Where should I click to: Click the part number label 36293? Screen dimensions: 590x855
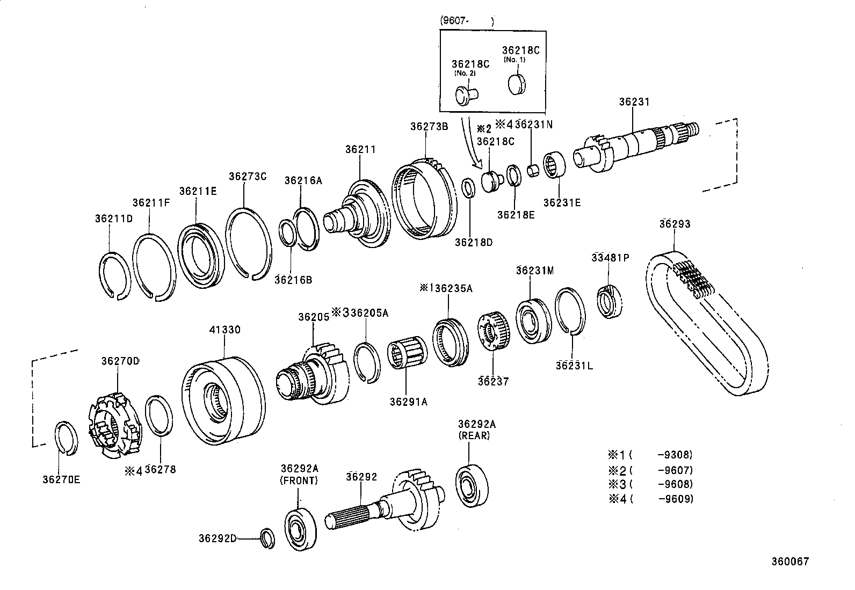coord(675,224)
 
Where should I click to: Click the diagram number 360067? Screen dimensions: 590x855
coord(790,562)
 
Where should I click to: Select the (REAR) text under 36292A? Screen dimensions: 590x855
coord(475,436)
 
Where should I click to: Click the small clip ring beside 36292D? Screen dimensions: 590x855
coord(267,538)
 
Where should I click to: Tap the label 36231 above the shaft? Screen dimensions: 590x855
coord(634,102)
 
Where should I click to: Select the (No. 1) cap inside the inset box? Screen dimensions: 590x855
coord(517,84)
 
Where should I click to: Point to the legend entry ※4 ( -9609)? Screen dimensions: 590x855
coord(651,499)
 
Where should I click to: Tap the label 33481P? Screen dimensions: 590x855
coord(610,257)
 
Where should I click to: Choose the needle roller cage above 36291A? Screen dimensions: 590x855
coord(407,356)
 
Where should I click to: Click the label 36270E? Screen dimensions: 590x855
coord(62,479)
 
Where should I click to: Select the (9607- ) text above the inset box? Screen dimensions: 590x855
coord(466,21)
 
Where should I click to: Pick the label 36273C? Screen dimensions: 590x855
coord(247,176)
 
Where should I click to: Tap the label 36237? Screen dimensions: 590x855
coord(493,381)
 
